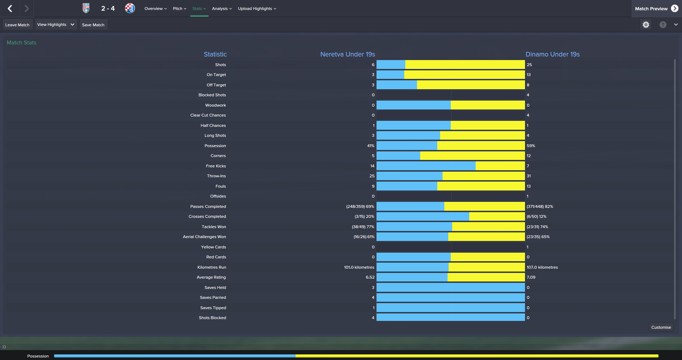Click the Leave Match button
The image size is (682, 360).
point(17,25)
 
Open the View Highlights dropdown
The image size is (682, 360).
point(56,25)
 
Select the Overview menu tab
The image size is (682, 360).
point(155,9)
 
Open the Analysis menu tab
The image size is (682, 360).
point(222,9)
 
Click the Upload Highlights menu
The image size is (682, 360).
point(257,9)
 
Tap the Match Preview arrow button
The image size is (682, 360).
point(675,9)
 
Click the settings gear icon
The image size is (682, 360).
point(646,25)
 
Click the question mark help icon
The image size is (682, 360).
point(663,25)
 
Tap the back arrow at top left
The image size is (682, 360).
point(10,9)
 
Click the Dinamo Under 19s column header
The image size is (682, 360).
point(552,54)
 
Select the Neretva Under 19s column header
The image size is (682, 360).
point(347,54)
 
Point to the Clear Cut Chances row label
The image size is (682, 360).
point(208,115)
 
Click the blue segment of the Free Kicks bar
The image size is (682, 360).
point(426,166)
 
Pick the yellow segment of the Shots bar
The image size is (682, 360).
point(465,65)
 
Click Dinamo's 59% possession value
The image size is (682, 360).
point(531,146)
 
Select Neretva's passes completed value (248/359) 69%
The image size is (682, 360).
point(360,206)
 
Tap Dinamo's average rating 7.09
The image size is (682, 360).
point(531,277)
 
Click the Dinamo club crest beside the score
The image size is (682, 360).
point(130,8)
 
